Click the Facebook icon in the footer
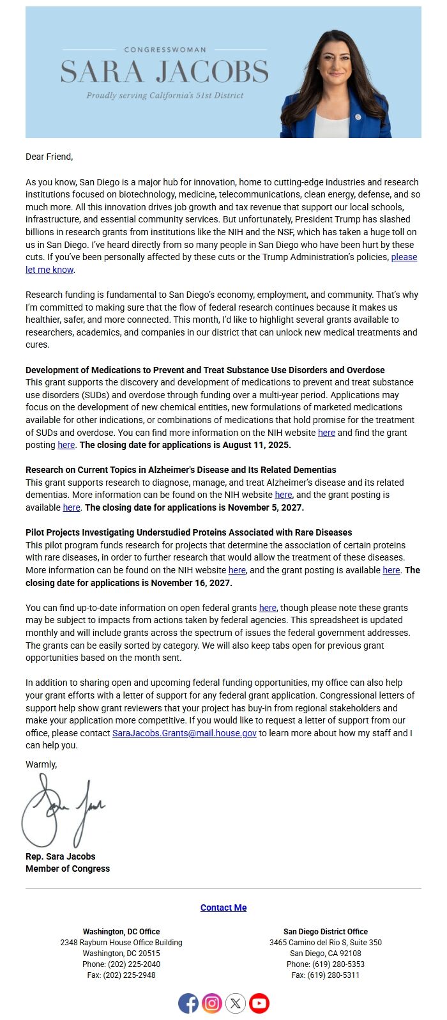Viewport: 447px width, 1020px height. (188, 1003)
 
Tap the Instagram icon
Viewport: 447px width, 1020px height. (212, 1003)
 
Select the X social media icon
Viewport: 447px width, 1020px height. (236, 1003)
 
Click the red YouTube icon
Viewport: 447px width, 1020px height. (259, 1003)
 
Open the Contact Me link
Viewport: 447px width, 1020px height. (223, 908)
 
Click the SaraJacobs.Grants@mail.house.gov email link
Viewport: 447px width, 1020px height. (185, 733)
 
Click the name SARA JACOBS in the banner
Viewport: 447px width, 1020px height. (165, 72)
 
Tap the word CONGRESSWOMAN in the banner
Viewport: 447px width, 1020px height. (165, 49)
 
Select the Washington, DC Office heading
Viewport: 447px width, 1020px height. (121, 932)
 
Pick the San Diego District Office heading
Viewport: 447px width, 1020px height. (326, 932)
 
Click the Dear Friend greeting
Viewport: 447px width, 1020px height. (49, 157)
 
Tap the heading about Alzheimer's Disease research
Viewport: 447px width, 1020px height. (181, 470)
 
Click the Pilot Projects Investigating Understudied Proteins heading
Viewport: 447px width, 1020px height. (188, 532)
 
